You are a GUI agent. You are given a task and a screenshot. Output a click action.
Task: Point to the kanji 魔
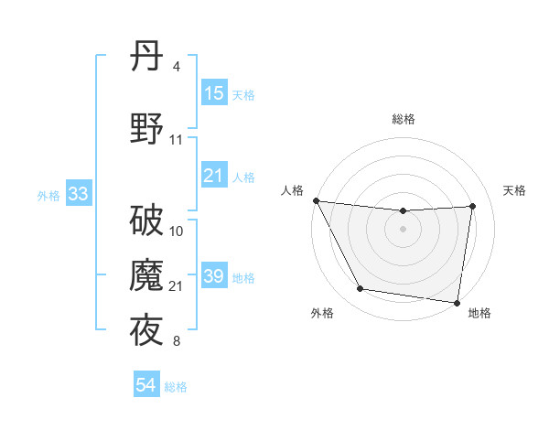tap(146, 276)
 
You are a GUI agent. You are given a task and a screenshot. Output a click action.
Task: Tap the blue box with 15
tap(214, 93)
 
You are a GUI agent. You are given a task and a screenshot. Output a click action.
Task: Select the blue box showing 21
tap(214, 176)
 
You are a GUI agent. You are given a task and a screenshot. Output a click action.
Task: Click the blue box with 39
tap(214, 276)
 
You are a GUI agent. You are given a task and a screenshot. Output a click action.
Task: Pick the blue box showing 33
tap(78, 194)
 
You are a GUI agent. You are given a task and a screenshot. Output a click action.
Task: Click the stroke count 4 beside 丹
tap(177, 67)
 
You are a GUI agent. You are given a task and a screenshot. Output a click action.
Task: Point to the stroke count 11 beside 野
tap(177, 140)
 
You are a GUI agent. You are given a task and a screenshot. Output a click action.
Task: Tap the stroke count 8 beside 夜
tap(177, 342)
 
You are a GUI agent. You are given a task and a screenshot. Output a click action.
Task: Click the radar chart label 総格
tap(404, 119)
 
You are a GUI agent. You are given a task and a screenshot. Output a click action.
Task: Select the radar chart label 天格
tap(515, 190)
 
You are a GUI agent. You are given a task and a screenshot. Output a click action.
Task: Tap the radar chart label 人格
tap(293, 190)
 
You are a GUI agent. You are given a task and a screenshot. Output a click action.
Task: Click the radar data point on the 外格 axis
tap(360, 290)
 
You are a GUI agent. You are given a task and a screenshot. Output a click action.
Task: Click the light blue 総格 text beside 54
tap(176, 387)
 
